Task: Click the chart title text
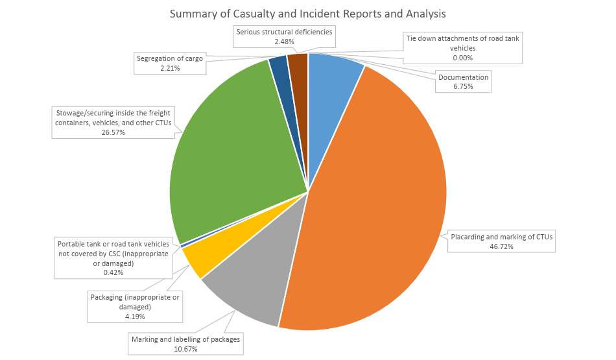click(x=307, y=14)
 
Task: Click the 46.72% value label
click(x=501, y=247)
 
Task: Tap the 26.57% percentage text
click(x=113, y=132)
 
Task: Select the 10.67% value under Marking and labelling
click(x=185, y=349)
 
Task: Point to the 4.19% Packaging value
click(x=135, y=317)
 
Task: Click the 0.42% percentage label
click(x=113, y=272)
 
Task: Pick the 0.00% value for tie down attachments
click(x=463, y=58)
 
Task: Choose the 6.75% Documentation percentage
click(x=463, y=86)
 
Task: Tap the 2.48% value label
click(x=285, y=42)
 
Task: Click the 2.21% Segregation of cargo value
click(x=170, y=68)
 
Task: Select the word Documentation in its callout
click(x=463, y=77)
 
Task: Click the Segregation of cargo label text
click(x=170, y=58)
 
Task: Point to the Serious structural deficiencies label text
click(x=285, y=32)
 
